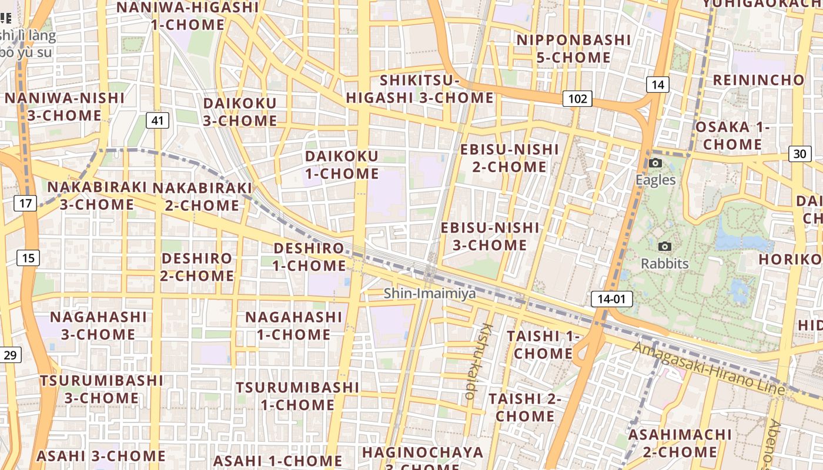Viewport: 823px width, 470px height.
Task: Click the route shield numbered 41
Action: click(x=157, y=121)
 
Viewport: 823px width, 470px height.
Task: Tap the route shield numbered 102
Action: click(x=577, y=99)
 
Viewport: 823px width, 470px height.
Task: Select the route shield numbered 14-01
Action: click(x=611, y=299)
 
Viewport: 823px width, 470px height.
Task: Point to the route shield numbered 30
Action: click(x=799, y=154)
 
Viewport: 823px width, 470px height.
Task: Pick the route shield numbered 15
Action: click(x=29, y=257)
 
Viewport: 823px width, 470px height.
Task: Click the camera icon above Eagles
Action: click(x=655, y=163)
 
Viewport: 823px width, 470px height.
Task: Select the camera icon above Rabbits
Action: click(x=665, y=247)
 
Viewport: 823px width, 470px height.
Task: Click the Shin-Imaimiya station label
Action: click(x=430, y=293)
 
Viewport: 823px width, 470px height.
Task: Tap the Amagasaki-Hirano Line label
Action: click(x=708, y=368)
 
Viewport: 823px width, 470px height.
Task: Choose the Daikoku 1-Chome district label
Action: click(x=342, y=165)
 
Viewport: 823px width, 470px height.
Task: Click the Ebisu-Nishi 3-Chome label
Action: click(x=490, y=236)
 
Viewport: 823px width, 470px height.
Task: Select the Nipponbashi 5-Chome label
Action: click(x=573, y=49)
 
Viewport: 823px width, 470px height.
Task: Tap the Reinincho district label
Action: click(x=758, y=80)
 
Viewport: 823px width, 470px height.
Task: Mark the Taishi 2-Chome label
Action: click(x=525, y=407)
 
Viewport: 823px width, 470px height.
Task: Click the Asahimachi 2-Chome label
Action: click(x=680, y=444)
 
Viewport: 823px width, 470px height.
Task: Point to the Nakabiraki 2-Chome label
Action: click(x=202, y=196)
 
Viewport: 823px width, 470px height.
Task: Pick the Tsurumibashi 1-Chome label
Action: click(x=297, y=396)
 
